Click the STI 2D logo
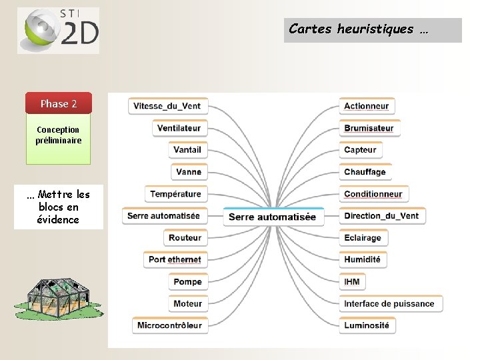[58, 30]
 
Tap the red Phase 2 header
[59, 103]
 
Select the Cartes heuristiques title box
[373, 30]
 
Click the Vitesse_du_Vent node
[167, 106]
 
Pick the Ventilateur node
[179, 128]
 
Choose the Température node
[175, 194]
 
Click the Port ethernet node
[174, 259]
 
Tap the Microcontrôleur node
[169, 325]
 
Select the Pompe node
[187, 281]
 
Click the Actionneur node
[366, 106]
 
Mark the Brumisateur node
[369, 128]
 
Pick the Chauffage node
[365, 172]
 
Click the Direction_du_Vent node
[381, 216]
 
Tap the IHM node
[352, 281]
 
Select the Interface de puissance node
[389, 303]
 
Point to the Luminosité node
[366, 325]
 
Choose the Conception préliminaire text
[59, 135]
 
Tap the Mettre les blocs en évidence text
[58, 207]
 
